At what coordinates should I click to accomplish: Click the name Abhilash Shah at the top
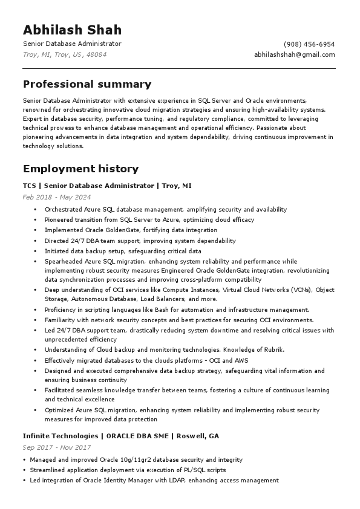[72, 30]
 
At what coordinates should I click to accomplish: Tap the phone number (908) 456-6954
[309, 44]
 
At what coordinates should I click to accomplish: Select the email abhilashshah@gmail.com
[294, 54]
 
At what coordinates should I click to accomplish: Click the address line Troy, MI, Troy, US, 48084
[65, 54]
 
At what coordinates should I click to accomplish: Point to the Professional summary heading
[87, 84]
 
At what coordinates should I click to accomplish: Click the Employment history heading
[80, 169]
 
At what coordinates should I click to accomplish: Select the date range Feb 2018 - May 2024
[57, 197]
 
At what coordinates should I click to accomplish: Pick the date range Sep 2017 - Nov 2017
[56, 447]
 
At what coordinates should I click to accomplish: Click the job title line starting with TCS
[107, 186]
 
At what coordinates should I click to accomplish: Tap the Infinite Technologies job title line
[121, 436]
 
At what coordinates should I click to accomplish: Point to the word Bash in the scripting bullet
[156, 310]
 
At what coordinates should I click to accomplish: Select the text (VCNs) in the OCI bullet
[301, 290]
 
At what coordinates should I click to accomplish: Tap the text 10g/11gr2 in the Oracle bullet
[126, 460]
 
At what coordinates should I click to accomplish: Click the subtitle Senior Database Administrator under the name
[72, 44]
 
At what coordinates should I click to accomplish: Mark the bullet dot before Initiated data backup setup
[36, 251]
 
